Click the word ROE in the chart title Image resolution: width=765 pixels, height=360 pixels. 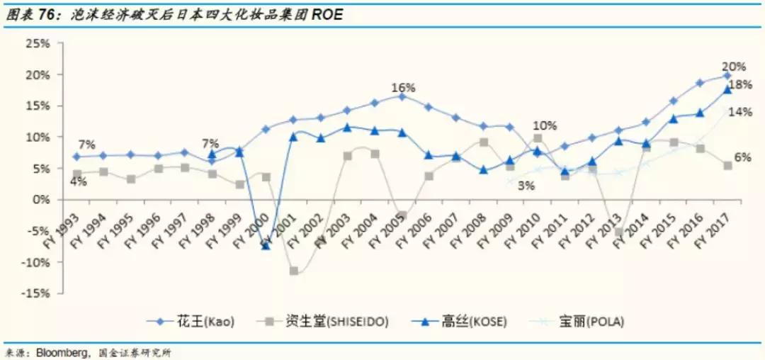click(x=328, y=13)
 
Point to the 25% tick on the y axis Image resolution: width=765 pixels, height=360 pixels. click(x=38, y=43)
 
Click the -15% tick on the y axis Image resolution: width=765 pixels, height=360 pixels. click(x=36, y=293)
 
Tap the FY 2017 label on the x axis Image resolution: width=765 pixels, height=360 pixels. click(x=717, y=225)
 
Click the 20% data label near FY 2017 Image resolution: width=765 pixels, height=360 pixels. click(x=734, y=67)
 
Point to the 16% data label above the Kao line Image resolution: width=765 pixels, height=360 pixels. click(x=403, y=88)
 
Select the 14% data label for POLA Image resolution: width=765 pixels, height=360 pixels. click(x=740, y=112)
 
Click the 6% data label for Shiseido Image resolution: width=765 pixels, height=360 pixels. click(x=742, y=157)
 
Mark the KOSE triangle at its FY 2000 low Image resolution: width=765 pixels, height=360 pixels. click(x=266, y=244)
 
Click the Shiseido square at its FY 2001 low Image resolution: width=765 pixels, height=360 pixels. click(x=293, y=271)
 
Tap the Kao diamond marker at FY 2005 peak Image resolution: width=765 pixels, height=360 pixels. click(x=402, y=96)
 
